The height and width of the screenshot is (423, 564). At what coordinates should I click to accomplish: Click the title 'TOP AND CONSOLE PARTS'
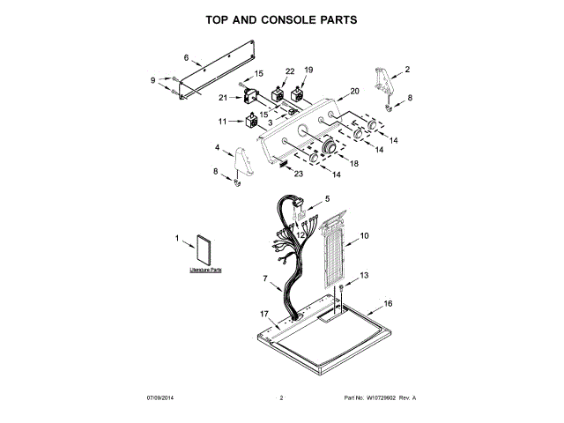[281, 19]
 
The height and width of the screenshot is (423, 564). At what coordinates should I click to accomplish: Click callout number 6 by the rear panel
[186, 58]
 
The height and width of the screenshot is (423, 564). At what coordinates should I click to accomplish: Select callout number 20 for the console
[355, 91]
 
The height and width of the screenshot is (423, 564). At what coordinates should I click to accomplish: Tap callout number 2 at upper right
[407, 69]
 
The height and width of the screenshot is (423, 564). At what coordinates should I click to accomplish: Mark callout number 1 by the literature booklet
[177, 238]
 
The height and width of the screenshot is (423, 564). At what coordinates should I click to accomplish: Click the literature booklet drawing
[204, 251]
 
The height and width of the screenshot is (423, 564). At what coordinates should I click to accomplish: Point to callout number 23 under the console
[299, 174]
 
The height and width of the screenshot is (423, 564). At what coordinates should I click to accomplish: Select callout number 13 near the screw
[365, 276]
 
